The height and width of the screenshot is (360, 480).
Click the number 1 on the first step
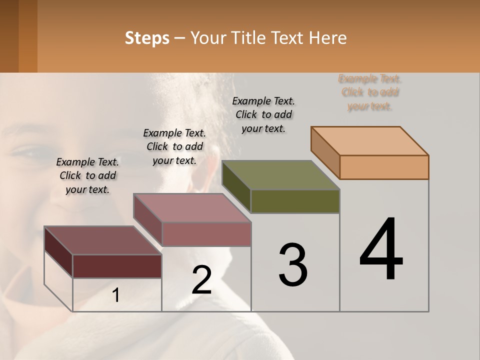(116, 295)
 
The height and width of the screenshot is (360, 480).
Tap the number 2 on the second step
(201, 280)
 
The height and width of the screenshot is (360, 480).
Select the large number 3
(292, 265)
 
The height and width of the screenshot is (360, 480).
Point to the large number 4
(381, 250)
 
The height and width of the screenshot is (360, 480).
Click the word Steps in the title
(147, 38)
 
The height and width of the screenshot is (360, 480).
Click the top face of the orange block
(370, 140)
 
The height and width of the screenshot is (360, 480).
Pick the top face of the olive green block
(281, 175)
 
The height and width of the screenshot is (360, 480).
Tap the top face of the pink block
(192, 208)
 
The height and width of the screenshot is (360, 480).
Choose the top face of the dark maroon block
(103, 240)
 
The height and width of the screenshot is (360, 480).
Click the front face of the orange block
(384, 167)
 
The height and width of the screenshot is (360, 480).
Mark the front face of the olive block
(295, 201)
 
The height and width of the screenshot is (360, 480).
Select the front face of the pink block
(206, 234)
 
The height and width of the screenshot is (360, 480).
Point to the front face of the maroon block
(117, 266)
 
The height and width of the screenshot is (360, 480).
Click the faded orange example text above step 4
(370, 92)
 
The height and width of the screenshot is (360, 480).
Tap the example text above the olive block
(263, 114)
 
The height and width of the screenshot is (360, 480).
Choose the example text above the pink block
(174, 146)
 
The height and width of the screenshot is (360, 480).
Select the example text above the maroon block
(87, 175)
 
